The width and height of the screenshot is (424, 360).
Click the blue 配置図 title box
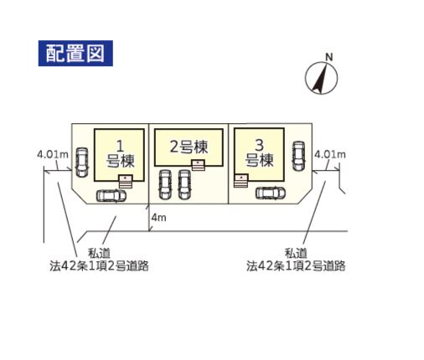pos(75,54)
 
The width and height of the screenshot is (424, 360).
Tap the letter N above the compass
pos(329,57)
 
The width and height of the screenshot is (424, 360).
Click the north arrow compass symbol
pos(321,78)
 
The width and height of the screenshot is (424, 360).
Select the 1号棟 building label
pos(120,154)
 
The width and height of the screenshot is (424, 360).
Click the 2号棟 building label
pos(189,147)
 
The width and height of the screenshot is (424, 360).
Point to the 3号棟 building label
pos(259,153)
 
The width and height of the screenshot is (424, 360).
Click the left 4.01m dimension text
pos(53,154)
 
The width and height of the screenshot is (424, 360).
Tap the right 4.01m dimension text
pos(330,154)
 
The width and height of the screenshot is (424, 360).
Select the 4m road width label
pos(158,218)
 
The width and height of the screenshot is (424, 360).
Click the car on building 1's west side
pos(82,162)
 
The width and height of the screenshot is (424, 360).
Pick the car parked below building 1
pos(111,196)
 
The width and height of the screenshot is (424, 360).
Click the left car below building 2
pos(164,185)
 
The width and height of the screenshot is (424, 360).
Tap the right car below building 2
pos(184,185)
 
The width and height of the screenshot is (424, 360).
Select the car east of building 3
pos(298,156)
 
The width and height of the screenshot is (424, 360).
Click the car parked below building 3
pos(271,193)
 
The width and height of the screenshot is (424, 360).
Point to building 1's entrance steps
pos(126,182)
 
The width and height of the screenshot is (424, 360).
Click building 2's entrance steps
pos(198,165)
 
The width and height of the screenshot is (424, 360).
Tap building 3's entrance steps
pos(241,181)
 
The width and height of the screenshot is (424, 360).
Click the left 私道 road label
pos(100,254)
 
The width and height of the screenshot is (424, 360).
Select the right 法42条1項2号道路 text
pos(296,266)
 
